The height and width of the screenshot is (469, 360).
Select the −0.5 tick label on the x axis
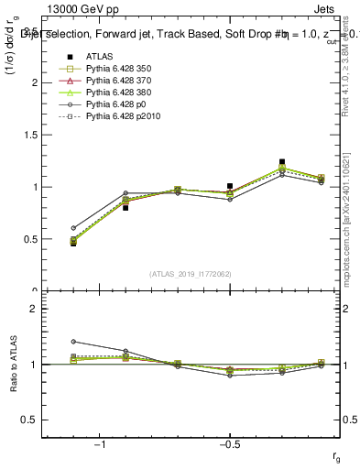pyautogui.click(x=229, y=445)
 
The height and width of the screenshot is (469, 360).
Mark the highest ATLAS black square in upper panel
pyautogui.click(x=282, y=162)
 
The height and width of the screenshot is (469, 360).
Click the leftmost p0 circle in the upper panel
pyautogui.click(x=73, y=228)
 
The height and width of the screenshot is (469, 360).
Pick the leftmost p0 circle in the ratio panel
pyautogui.click(x=73, y=342)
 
